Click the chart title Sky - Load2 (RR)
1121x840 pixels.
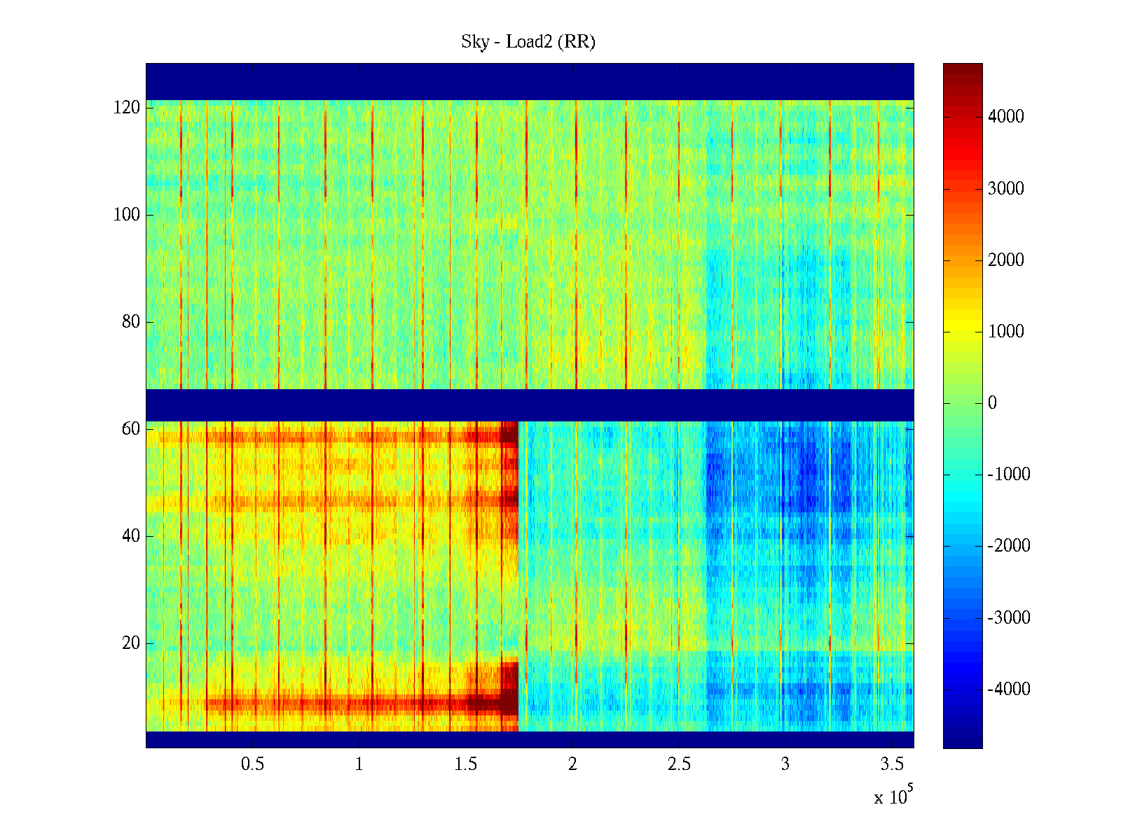tap(528, 42)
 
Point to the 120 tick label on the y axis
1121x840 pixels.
tap(127, 108)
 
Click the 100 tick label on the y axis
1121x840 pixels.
tap(127, 215)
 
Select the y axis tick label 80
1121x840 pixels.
tap(131, 322)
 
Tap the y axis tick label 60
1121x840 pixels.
tap(131, 429)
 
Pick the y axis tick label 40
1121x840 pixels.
tap(131, 536)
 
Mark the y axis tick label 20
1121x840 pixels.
tap(131, 643)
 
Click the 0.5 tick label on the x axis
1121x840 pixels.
tap(252, 764)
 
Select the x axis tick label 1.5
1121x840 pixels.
tap(465, 764)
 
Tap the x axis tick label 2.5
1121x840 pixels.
tap(679, 764)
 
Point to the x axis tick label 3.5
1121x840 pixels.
tap(892, 764)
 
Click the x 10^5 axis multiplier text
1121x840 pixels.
tap(893, 796)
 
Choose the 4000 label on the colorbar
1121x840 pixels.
tap(1006, 117)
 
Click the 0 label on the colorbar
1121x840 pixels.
tap(992, 403)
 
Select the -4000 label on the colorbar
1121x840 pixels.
tap(1009, 689)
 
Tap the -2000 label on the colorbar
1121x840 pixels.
tap(1009, 546)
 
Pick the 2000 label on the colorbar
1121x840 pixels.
tap(1006, 260)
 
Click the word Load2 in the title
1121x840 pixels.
tap(529, 42)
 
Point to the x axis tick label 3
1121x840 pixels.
tap(785, 764)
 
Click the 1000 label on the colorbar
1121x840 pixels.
tap(1006, 332)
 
